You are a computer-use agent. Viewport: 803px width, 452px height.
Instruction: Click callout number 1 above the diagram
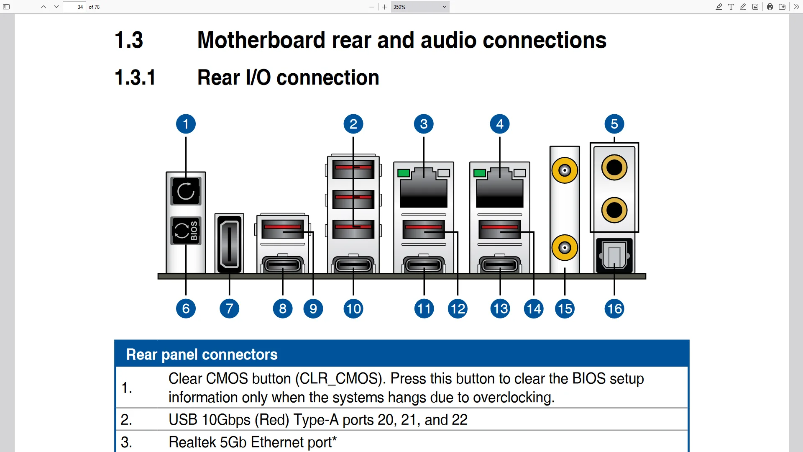pos(186,124)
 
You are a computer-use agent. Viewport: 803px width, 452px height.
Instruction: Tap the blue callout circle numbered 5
pos(614,124)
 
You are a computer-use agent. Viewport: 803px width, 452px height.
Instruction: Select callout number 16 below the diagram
pos(614,309)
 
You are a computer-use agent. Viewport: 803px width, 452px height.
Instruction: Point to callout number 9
pos(313,309)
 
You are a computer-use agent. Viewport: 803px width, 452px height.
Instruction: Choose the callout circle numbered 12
pos(458,309)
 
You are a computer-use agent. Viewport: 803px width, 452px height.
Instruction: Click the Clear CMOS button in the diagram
pos(186,191)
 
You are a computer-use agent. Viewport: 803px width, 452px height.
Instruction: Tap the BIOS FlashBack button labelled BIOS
pos(186,231)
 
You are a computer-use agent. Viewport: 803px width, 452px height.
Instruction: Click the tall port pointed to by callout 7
pos(229,244)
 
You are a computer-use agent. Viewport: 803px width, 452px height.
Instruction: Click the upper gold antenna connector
pos(565,170)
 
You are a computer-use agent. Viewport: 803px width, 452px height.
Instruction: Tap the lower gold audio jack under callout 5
pos(614,210)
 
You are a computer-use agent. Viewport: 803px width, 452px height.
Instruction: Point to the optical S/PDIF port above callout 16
pos(614,255)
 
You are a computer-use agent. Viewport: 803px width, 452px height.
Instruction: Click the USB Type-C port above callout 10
pos(353,265)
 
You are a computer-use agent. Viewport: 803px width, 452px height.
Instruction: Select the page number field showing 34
pos(74,7)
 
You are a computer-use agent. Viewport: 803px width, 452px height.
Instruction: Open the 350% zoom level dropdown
pos(420,7)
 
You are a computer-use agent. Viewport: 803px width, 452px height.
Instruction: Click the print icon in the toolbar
pos(770,7)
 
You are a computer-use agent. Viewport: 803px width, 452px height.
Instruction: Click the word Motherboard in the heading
pos(261,40)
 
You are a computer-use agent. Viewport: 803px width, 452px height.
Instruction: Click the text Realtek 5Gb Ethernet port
pos(253,442)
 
